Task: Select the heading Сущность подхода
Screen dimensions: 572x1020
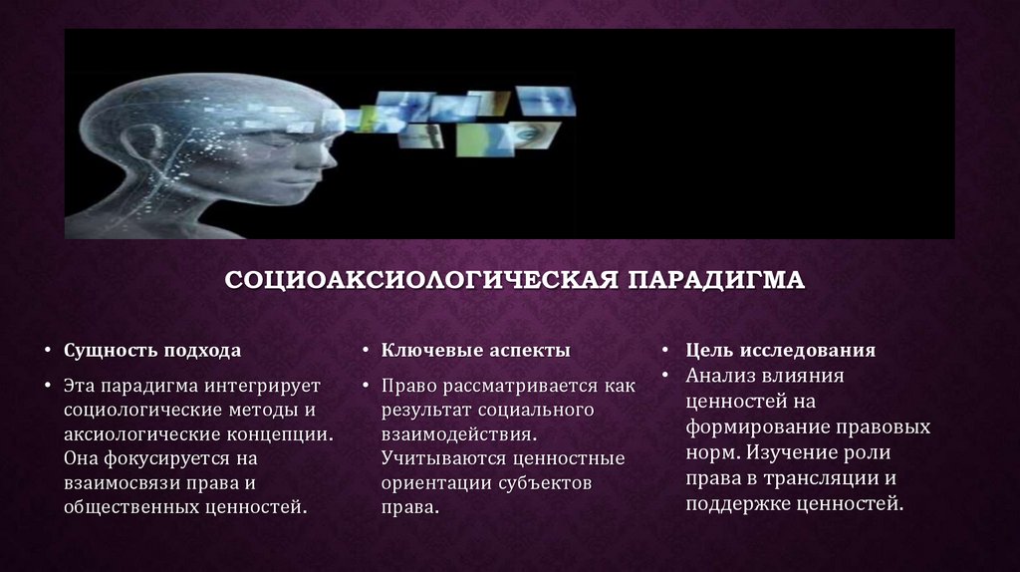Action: tap(151, 351)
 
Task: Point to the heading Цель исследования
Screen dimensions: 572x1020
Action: tap(780, 351)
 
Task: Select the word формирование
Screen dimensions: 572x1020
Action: tap(746, 427)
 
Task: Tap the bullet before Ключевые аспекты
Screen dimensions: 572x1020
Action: tap(366, 352)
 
